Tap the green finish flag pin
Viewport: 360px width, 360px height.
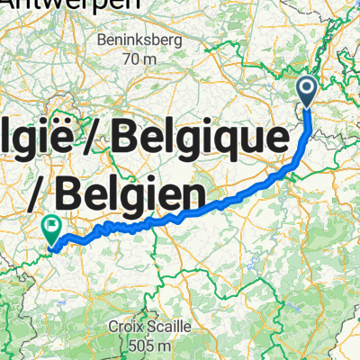(x=52, y=229)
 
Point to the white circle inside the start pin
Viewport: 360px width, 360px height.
(x=307, y=88)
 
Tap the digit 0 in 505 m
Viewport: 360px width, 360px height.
(x=139, y=346)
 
